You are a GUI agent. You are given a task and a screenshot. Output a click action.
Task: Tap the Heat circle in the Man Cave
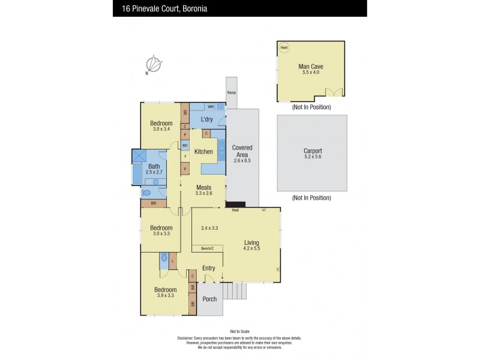pyautogui.click(x=284, y=47)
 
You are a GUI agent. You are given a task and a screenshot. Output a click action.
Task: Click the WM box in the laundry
pyautogui.click(x=211, y=107)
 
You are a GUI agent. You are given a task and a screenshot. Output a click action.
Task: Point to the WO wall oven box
pyautogui.click(x=185, y=145)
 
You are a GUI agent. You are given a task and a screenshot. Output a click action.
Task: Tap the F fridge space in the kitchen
pyautogui.click(x=185, y=157)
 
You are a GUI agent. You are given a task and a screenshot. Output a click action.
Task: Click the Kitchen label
pyautogui.click(x=204, y=152)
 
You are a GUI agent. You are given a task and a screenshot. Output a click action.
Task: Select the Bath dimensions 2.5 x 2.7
pyautogui.click(x=154, y=172)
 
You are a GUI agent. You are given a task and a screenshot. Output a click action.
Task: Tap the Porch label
pyautogui.click(x=209, y=299)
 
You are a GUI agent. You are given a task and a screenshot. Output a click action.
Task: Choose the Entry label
pyautogui.click(x=208, y=268)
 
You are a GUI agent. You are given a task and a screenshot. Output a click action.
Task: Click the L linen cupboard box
pyautogui.click(x=173, y=261)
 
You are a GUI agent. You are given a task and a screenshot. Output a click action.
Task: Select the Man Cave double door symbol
pyautogui.click(x=334, y=92)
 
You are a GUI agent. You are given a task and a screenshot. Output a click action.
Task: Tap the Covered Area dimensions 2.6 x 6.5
pyautogui.click(x=242, y=160)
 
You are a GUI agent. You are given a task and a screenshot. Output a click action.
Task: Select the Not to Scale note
pyautogui.click(x=239, y=331)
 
